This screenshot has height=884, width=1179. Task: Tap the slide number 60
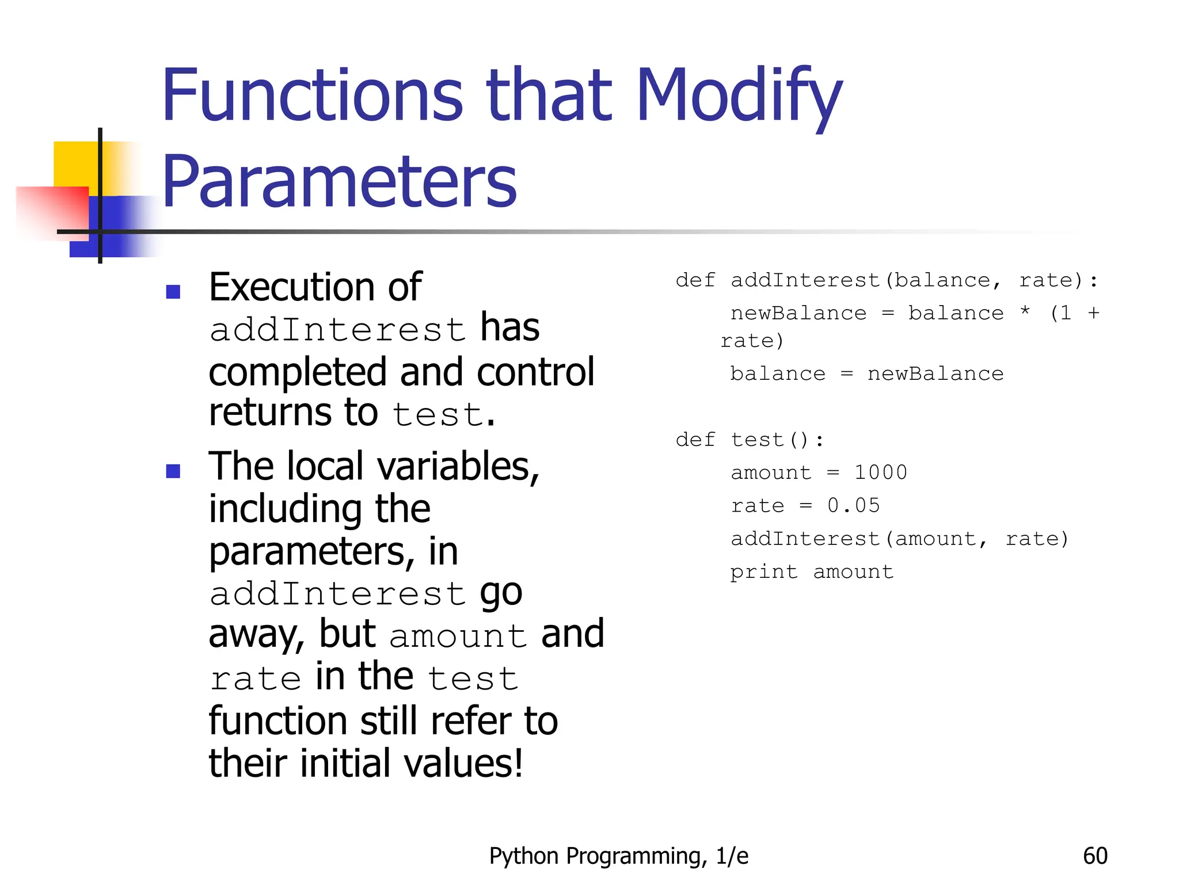(1095, 856)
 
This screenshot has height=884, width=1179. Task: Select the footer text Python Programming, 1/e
(619, 856)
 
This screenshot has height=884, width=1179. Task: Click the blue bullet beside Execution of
(173, 292)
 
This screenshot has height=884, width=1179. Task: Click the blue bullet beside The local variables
(173, 471)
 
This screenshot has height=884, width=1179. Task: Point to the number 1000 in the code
(880, 473)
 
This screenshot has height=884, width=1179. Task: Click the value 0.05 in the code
(854, 505)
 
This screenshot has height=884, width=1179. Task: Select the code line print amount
(812, 571)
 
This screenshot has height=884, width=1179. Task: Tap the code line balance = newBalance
(866, 374)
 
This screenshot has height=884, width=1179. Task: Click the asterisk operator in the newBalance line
(1025, 313)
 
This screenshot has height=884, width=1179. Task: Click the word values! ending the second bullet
(463, 763)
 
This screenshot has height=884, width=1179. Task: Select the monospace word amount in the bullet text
(458, 636)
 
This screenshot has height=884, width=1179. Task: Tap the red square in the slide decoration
(52, 210)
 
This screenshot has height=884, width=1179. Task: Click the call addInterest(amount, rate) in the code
(899, 539)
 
